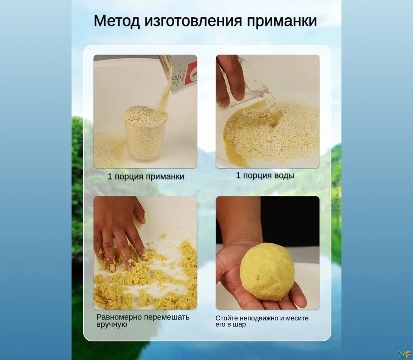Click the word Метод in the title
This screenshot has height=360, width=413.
click(117, 21)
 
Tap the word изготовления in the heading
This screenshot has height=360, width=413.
click(193, 21)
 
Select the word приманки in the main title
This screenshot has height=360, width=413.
click(282, 21)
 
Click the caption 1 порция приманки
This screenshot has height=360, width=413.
click(146, 176)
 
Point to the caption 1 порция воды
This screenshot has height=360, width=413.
click(265, 175)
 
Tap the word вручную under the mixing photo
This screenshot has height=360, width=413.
click(112, 324)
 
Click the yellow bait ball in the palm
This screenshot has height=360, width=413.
click(267, 272)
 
